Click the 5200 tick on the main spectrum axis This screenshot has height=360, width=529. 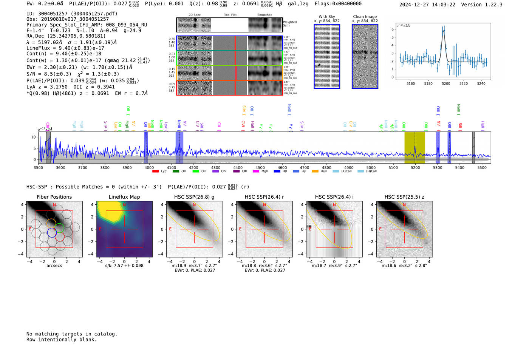click(415, 167)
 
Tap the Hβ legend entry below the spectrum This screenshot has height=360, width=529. click(282, 172)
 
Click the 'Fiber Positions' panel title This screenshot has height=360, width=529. click(54, 197)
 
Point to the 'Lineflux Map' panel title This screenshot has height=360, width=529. click(124, 197)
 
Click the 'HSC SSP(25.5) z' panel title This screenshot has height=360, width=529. click(404, 197)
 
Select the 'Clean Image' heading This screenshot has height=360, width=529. click(365, 17)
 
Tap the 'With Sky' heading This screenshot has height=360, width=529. click(327, 17)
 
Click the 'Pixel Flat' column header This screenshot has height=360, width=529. click(230, 15)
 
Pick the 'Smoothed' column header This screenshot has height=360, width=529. click(264, 15)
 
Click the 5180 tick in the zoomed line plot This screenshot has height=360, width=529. click(428, 83)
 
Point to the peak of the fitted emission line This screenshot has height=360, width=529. click(444, 30)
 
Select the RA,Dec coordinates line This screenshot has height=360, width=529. click(66, 36)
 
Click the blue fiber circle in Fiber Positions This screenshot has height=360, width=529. click(52, 233)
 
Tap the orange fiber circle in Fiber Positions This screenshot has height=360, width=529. click(51, 223)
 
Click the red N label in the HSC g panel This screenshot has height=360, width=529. click(194, 205)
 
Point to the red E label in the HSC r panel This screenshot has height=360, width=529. click(240, 229)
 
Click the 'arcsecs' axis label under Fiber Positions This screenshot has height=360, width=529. click(54, 266)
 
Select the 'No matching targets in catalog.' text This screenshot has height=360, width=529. click(72, 334)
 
